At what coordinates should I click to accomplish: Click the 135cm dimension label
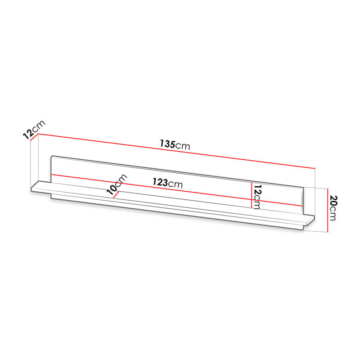tap(175, 144)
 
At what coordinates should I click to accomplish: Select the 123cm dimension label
tap(168, 183)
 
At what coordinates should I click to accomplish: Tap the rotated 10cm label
tap(117, 184)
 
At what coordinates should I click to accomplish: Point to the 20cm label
tap(333, 208)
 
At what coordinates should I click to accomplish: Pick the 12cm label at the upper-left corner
tap(34, 130)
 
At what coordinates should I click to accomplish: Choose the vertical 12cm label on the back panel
tap(257, 197)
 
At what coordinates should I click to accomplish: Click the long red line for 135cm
tap(176, 151)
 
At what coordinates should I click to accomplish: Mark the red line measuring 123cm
tap(177, 190)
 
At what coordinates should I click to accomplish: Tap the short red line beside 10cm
tap(116, 194)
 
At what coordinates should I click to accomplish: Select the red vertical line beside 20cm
tap(328, 210)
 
